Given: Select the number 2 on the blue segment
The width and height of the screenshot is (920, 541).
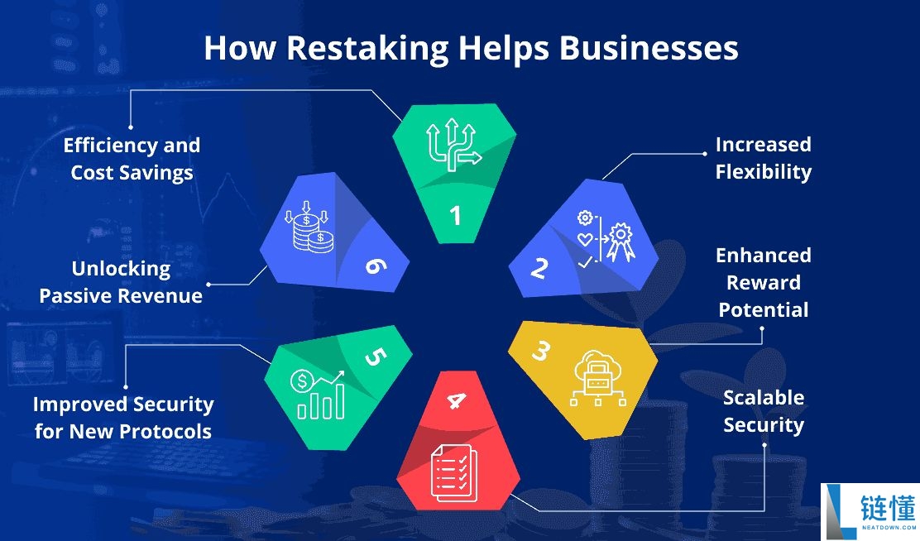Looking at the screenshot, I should pyautogui.click(x=540, y=268).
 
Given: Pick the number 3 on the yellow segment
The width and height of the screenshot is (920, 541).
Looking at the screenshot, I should pyautogui.click(x=540, y=351).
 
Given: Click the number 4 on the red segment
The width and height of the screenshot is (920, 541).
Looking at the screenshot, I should pyautogui.click(x=456, y=401).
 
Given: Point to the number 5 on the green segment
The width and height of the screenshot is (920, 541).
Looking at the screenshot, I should pyautogui.click(x=375, y=357).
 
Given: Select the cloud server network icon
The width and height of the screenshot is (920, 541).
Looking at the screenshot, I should pyautogui.click(x=598, y=381).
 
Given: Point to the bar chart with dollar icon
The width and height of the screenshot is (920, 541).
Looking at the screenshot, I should pyautogui.click(x=317, y=395).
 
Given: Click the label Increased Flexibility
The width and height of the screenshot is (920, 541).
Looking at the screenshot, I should pyautogui.click(x=763, y=158).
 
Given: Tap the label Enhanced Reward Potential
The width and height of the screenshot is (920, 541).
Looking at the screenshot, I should pyautogui.click(x=763, y=282).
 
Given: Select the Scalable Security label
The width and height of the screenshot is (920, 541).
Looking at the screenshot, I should pyautogui.click(x=763, y=411).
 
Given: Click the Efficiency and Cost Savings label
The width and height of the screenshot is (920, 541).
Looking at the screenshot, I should pyautogui.click(x=132, y=159).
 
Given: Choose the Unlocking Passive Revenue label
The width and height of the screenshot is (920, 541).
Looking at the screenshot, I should pyautogui.click(x=121, y=282).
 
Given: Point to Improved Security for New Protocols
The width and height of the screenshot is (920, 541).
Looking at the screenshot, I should pyautogui.click(x=123, y=417).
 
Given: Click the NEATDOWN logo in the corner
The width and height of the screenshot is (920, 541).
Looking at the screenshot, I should pyautogui.click(x=870, y=509).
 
